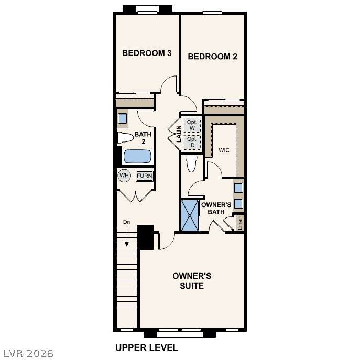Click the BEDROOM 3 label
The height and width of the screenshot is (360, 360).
147,53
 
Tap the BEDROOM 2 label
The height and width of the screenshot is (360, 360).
212,57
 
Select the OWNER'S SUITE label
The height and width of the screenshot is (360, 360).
192,281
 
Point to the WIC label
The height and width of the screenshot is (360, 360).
224,150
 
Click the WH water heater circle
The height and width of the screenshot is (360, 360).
124,176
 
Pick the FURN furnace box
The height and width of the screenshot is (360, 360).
145,176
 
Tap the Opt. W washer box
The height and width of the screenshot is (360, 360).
192,125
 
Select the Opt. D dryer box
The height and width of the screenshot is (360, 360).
192,142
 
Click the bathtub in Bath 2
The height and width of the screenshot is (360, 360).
137,156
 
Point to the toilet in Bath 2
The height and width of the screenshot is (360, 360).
125,137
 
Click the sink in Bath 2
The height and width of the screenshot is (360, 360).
123,118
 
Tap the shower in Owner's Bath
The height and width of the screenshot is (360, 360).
190,215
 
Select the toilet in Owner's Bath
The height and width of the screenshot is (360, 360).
191,163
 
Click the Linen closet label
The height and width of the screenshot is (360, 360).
240,223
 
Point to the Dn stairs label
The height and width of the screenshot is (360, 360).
126,222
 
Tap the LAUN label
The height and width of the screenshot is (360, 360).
179,134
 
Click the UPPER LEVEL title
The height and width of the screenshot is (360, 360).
147,347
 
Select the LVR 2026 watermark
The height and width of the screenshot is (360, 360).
28,353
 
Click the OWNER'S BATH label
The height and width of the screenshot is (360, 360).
216,208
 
